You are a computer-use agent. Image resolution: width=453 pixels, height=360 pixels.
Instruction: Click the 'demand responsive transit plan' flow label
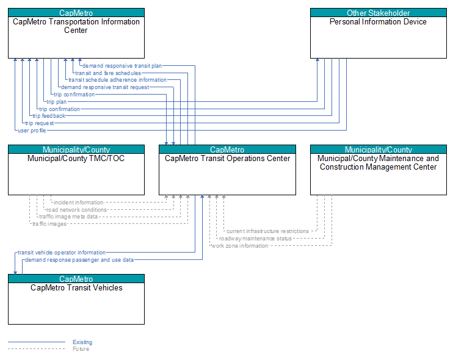click(x=122, y=66)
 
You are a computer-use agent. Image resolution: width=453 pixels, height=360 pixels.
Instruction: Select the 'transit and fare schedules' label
click(x=108, y=73)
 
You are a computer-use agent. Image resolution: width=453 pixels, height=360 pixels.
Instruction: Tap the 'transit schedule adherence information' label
click(x=118, y=80)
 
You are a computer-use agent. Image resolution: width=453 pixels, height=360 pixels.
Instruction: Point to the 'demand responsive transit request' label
click(x=105, y=87)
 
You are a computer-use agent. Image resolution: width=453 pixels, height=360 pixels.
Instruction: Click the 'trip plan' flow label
click(x=57, y=102)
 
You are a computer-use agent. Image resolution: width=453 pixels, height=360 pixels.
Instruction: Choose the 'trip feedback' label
click(x=49, y=116)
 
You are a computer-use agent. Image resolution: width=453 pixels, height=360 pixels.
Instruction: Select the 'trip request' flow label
click(x=39, y=123)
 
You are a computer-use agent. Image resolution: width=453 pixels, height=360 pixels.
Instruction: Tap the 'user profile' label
click(x=32, y=131)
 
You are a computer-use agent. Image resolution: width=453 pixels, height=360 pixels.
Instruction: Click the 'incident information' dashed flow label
click(x=78, y=203)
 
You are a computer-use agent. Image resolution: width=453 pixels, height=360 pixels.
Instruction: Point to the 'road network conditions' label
click(x=76, y=210)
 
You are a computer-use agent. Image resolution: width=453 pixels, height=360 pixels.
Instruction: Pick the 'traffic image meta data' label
click(x=68, y=217)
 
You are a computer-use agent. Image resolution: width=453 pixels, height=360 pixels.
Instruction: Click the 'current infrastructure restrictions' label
click(x=267, y=231)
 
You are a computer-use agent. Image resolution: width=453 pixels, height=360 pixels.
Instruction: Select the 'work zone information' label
click(x=240, y=246)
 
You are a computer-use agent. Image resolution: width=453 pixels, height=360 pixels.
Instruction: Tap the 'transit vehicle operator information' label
click(x=62, y=253)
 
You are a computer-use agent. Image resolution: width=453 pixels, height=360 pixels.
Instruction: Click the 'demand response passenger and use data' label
click(x=79, y=260)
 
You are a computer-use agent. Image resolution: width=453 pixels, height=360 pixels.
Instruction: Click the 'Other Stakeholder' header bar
click(x=379, y=13)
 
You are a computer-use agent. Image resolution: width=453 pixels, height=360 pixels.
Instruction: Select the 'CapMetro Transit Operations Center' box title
click(x=227, y=159)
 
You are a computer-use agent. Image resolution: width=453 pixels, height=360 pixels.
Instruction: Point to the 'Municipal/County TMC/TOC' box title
click(x=76, y=159)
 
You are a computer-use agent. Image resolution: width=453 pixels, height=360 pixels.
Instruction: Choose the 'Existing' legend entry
click(x=82, y=342)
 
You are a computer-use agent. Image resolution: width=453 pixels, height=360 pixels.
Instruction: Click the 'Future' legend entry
click(x=81, y=349)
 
